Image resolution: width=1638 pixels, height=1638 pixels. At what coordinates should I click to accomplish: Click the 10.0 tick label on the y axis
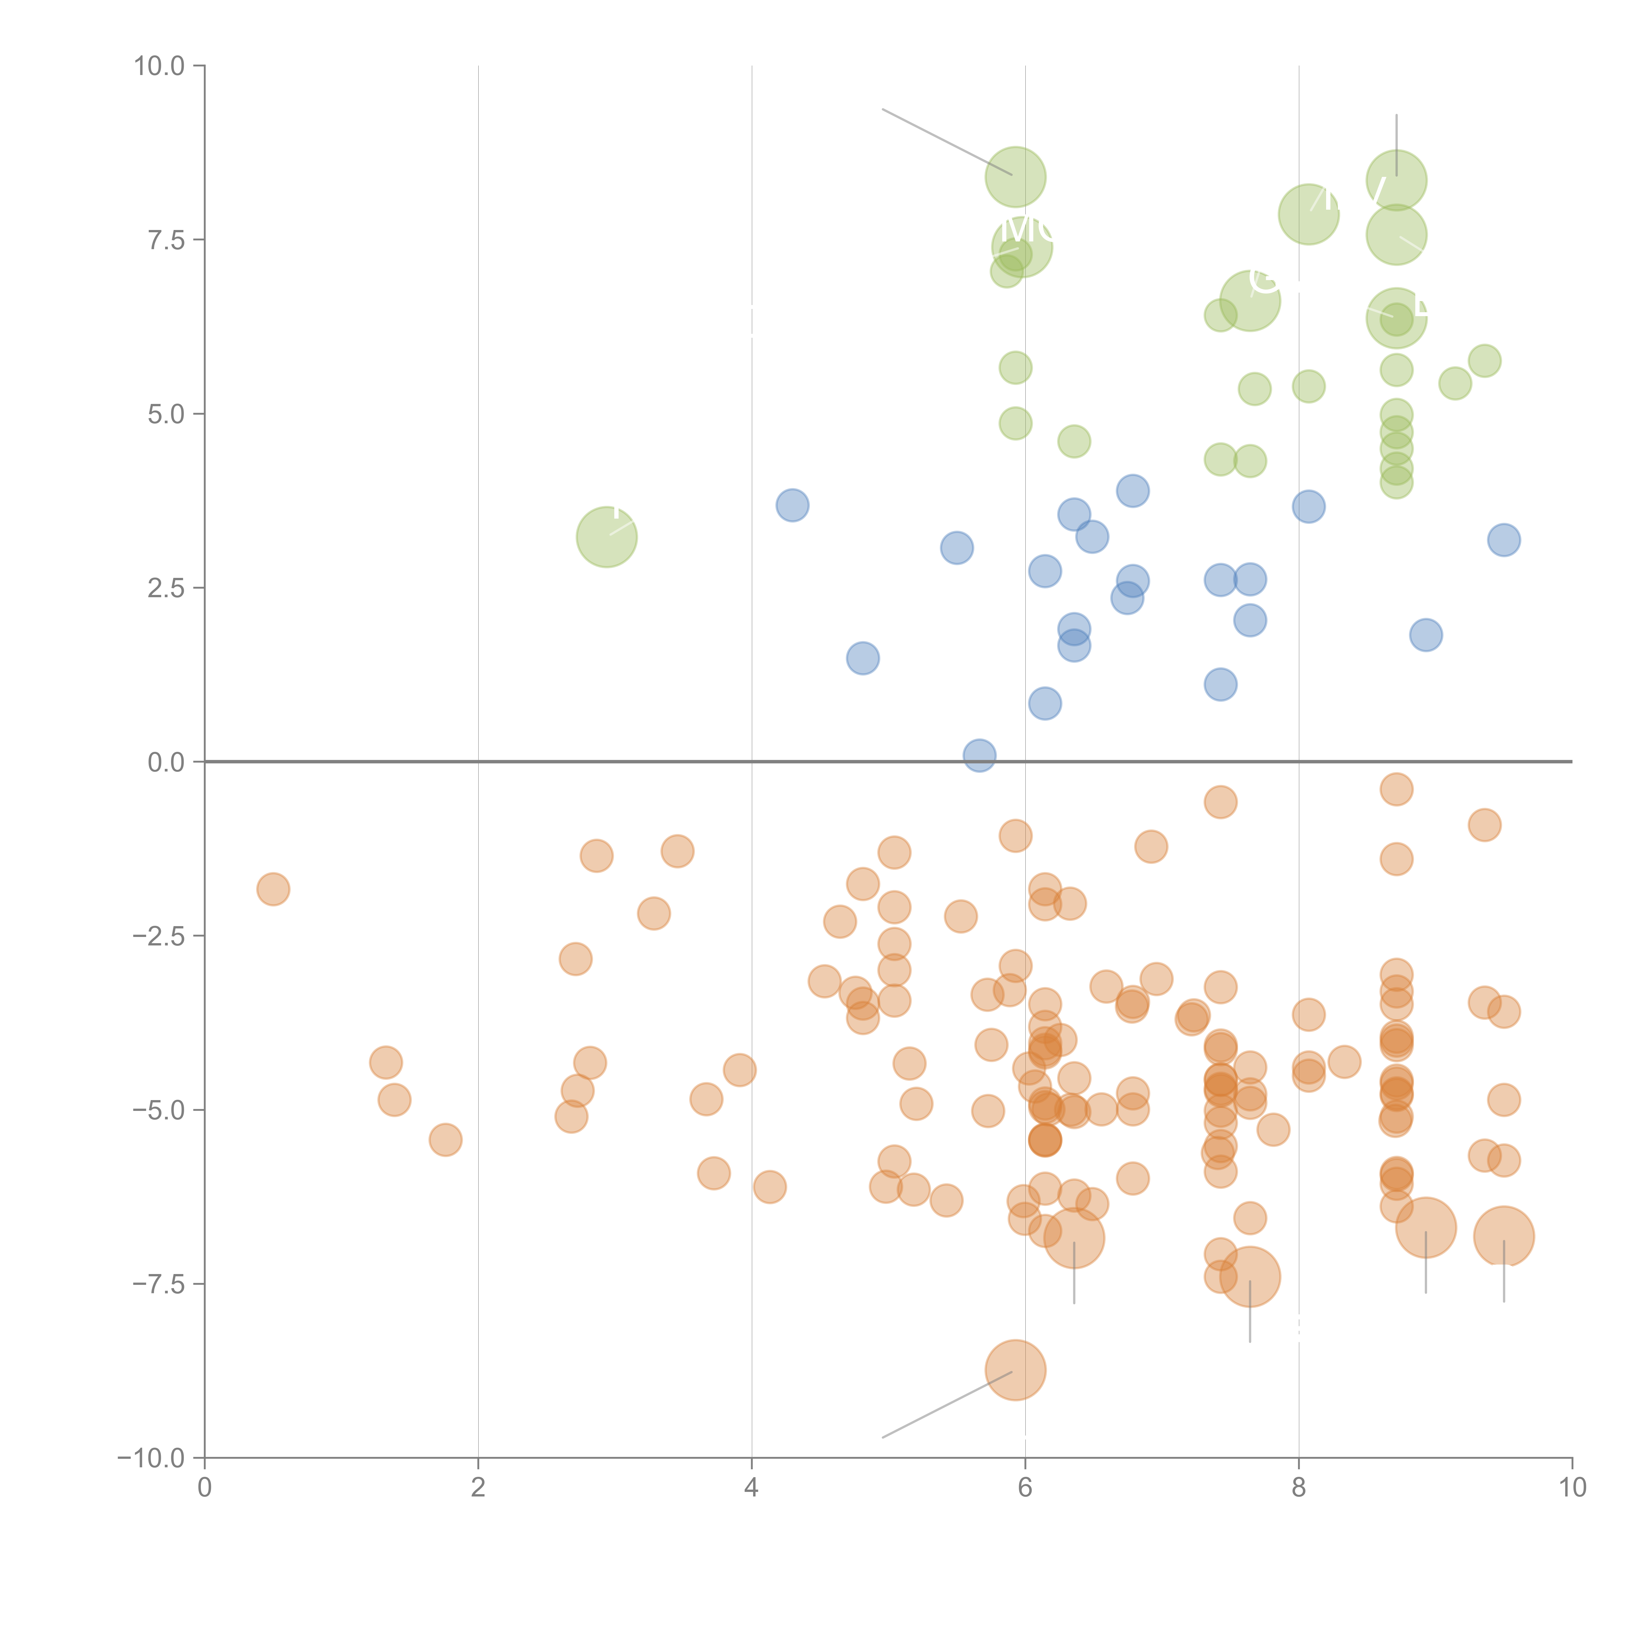tap(160, 66)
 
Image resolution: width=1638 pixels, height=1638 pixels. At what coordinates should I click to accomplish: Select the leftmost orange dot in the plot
tap(273, 889)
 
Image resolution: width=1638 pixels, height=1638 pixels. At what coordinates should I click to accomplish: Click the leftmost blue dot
tap(792, 505)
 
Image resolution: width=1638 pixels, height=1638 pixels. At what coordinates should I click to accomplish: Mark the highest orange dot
tap(1396, 789)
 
